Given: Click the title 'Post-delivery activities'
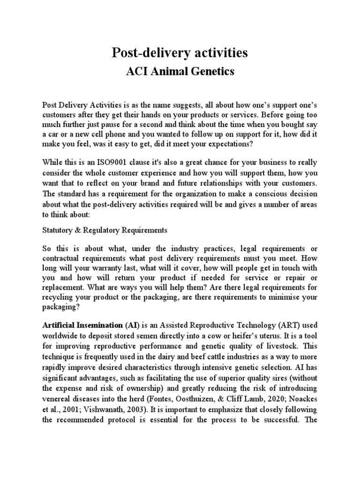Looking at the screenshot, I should point(180,53).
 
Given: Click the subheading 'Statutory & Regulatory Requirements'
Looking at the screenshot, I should point(105,230).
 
